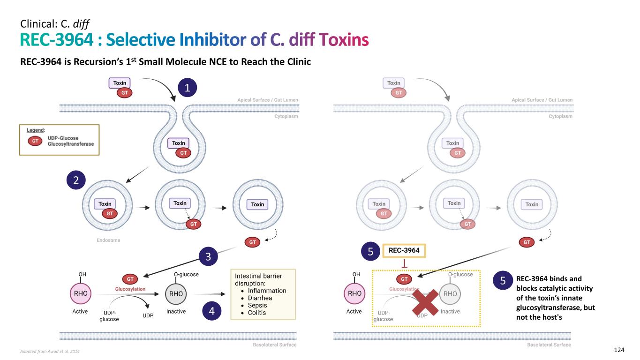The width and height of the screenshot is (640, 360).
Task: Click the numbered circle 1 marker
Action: coord(187,88)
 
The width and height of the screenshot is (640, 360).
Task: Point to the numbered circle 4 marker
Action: coord(211,311)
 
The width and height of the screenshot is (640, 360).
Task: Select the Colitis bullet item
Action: coord(257,313)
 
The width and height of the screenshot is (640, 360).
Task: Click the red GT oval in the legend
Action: coord(34,141)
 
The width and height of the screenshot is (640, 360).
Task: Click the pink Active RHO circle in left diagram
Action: coord(79,294)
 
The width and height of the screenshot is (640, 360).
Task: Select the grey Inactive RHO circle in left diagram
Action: coord(176,294)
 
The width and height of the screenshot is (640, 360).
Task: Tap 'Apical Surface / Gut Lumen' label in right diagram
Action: coord(542,100)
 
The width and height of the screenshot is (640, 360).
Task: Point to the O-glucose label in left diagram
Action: coord(186,274)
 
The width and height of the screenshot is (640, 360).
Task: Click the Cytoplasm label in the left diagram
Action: coord(286,117)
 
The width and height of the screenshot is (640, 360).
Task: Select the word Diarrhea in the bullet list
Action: coord(260,298)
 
